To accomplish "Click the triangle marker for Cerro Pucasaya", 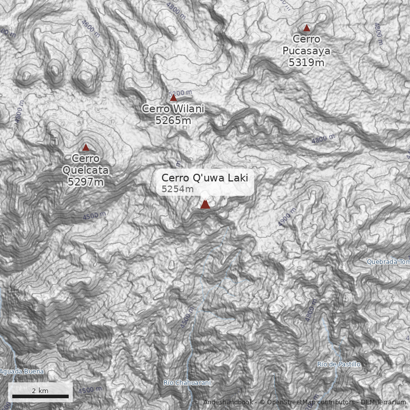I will click(306, 28).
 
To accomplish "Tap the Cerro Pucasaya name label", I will click(306, 45).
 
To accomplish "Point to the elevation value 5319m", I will click(306, 63).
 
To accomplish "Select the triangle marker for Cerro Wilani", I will click(173, 98).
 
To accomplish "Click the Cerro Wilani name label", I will click(173, 109).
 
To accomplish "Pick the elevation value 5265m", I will click(173, 120).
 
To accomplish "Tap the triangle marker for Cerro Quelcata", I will click(86, 147).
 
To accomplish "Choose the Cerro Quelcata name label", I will click(86, 164).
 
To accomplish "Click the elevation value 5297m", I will click(86, 181).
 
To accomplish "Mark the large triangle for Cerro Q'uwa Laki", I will click(205, 204).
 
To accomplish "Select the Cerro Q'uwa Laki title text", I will click(204, 178).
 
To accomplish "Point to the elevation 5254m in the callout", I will click(177, 189).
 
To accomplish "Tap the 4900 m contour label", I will click(288, 218).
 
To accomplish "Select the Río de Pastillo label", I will click(338, 364).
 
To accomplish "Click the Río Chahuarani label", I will click(187, 383).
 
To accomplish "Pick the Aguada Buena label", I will click(22, 372).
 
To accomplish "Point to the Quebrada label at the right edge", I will click(388, 262).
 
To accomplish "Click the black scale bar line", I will click(40, 396).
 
